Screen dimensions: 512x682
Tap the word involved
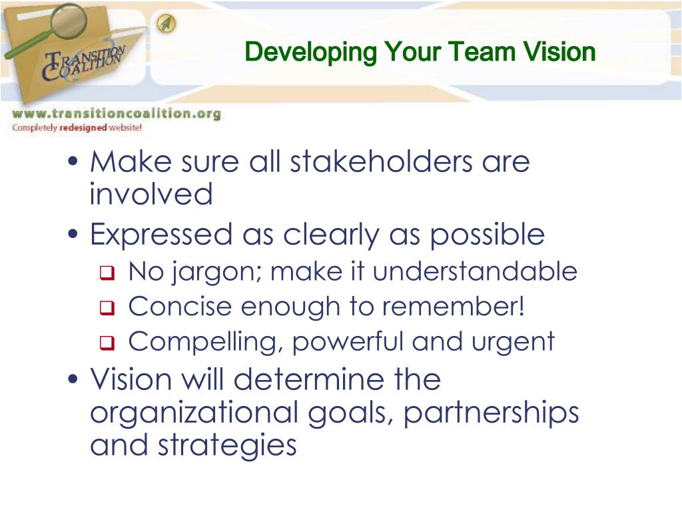(151, 195)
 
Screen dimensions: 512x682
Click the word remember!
(468, 307)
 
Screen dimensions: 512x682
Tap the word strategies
(226, 446)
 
